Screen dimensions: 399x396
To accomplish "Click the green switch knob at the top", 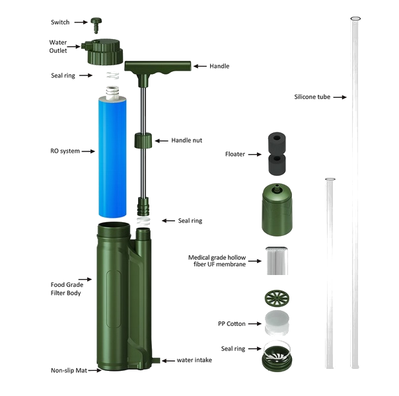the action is [96, 24].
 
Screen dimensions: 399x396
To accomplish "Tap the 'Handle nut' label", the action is [186, 140].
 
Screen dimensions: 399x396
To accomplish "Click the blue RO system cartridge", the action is [112, 156].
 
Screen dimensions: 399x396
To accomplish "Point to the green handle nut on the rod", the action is [143, 140].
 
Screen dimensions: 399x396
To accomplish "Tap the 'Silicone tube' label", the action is [312, 97].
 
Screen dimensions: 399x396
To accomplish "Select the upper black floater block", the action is [277, 142].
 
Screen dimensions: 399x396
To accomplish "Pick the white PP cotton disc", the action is [277, 323].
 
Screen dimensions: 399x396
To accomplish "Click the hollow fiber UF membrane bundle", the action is [277, 260].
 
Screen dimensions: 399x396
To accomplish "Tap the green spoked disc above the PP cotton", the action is [277, 297].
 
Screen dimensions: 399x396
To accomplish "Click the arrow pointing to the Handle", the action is [200, 66].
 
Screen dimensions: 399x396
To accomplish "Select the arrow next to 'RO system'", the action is [89, 151].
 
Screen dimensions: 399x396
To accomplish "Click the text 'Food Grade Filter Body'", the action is [67, 289].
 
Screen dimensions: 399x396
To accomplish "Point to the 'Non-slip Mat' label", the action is [69, 370].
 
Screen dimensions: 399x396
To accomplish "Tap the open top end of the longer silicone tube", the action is [355, 19].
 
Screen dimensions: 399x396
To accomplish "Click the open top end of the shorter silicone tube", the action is [330, 179].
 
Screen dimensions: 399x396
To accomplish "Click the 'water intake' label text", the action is [194, 360].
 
